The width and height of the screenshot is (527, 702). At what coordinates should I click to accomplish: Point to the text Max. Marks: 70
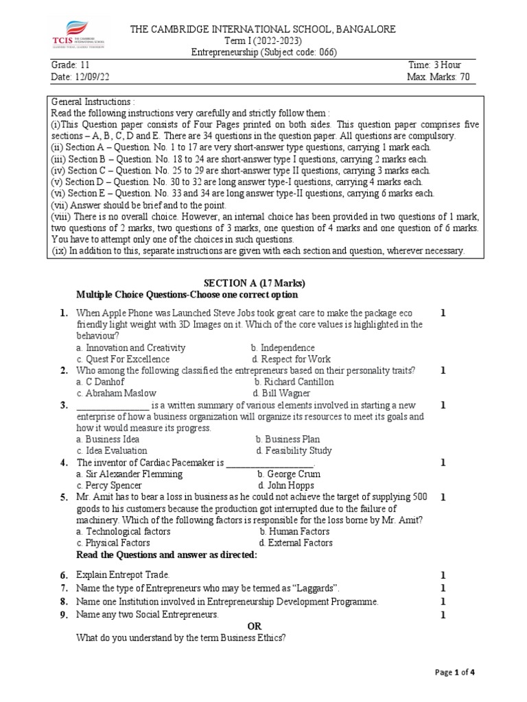point(438,77)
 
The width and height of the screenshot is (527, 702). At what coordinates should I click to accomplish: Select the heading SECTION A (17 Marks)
point(255,283)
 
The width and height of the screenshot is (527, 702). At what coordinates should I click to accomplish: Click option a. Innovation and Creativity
point(131,348)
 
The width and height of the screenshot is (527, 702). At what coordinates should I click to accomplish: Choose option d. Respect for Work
point(291,359)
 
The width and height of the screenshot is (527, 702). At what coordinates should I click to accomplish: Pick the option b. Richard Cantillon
point(294,381)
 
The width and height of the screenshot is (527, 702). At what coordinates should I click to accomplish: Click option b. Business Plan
point(288,439)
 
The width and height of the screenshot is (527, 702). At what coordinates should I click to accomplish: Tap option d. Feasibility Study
point(294,450)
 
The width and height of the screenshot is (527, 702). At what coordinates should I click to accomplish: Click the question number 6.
point(63,575)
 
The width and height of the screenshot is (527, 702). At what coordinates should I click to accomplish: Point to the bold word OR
point(254,626)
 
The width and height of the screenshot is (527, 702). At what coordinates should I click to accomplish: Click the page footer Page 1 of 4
point(455,673)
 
